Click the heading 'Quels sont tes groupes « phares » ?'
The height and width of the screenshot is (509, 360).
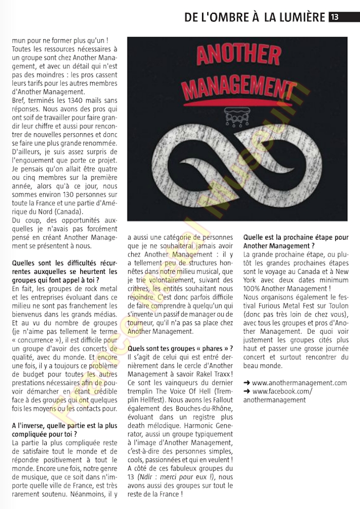tap(184, 349)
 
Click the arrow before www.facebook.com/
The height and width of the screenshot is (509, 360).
tap(247, 391)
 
